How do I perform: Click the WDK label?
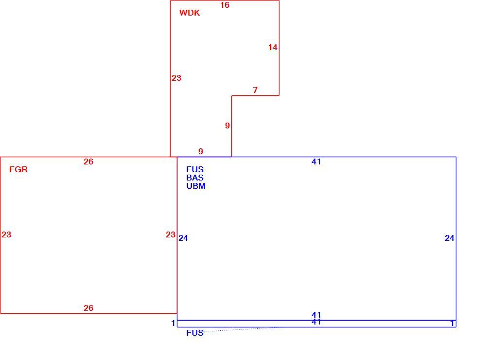coord(190,13)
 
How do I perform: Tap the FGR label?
coord(18,169)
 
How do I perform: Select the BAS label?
coord(195,178)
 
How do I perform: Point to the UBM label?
coord(196,186)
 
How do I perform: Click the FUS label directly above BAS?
coord(195,169)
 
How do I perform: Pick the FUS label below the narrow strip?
coord(195,333)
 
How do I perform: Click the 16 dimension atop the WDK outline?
coord(225,5)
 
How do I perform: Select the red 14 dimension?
coord(273,48)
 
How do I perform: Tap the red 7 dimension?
coord(255,90)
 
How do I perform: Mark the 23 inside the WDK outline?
coord(176,78)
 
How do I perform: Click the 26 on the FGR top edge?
coord(88,162)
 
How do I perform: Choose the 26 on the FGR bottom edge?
coord(88,308)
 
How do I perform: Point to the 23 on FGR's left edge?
coord(6,234)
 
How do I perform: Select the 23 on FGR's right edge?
coord(171,234)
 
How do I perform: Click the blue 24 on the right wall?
coord(450,238)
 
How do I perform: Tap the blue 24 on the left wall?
coord(183,238)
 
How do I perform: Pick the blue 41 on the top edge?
coord(316,162)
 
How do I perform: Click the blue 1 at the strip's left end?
coord(174,324)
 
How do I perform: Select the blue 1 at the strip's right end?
coord(452,324)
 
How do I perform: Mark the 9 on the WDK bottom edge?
coord(201,151)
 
